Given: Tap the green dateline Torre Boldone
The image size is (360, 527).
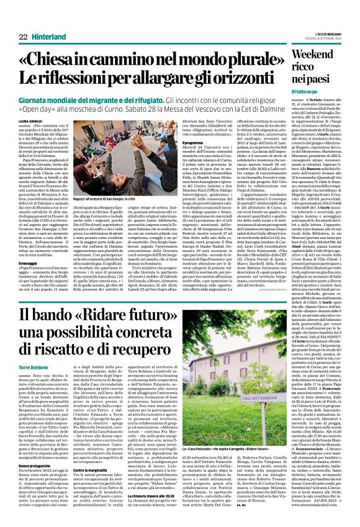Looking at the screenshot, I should pos(25,366).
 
